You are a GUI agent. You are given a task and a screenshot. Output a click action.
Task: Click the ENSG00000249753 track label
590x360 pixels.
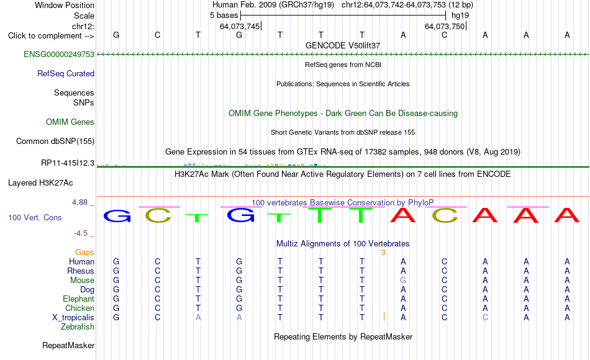click(59, 54)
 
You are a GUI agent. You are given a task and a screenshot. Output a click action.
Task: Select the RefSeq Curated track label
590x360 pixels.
click(66, 73)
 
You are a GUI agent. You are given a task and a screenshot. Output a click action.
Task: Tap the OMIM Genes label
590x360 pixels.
click(70, 122)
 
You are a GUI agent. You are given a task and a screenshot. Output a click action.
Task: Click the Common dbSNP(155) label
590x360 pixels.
click(55, 141)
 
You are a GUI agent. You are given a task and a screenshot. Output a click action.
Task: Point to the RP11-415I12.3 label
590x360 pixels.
click(68, 163)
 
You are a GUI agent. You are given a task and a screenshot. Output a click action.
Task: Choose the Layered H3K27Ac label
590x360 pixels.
click(40, 183)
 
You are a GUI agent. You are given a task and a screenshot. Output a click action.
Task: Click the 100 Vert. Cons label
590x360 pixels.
click(35, 217)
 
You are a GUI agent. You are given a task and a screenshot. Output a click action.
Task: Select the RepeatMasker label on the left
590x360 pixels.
click(68, 345)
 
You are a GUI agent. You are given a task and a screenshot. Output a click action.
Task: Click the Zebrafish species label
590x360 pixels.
click(78, 326)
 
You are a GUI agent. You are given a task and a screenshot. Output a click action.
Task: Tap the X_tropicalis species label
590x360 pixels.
click(73, 318)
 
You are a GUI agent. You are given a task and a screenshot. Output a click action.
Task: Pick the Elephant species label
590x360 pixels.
click(79, 299)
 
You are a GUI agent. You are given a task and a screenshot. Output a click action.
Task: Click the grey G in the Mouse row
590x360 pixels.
click(403, 281)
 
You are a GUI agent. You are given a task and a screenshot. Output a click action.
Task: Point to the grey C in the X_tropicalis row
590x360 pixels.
click(486, 318)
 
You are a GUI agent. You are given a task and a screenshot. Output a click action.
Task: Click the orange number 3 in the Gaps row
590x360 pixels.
click(383, 253)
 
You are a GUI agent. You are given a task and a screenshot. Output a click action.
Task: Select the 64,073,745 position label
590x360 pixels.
click(240, 26)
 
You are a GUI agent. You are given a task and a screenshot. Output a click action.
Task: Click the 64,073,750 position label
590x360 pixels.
click(445, 26)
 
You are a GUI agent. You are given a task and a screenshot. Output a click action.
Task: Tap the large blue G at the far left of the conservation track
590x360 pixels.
click(117, 216)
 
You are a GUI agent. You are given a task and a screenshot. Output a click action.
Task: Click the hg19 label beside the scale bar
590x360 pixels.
click(460, 16)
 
